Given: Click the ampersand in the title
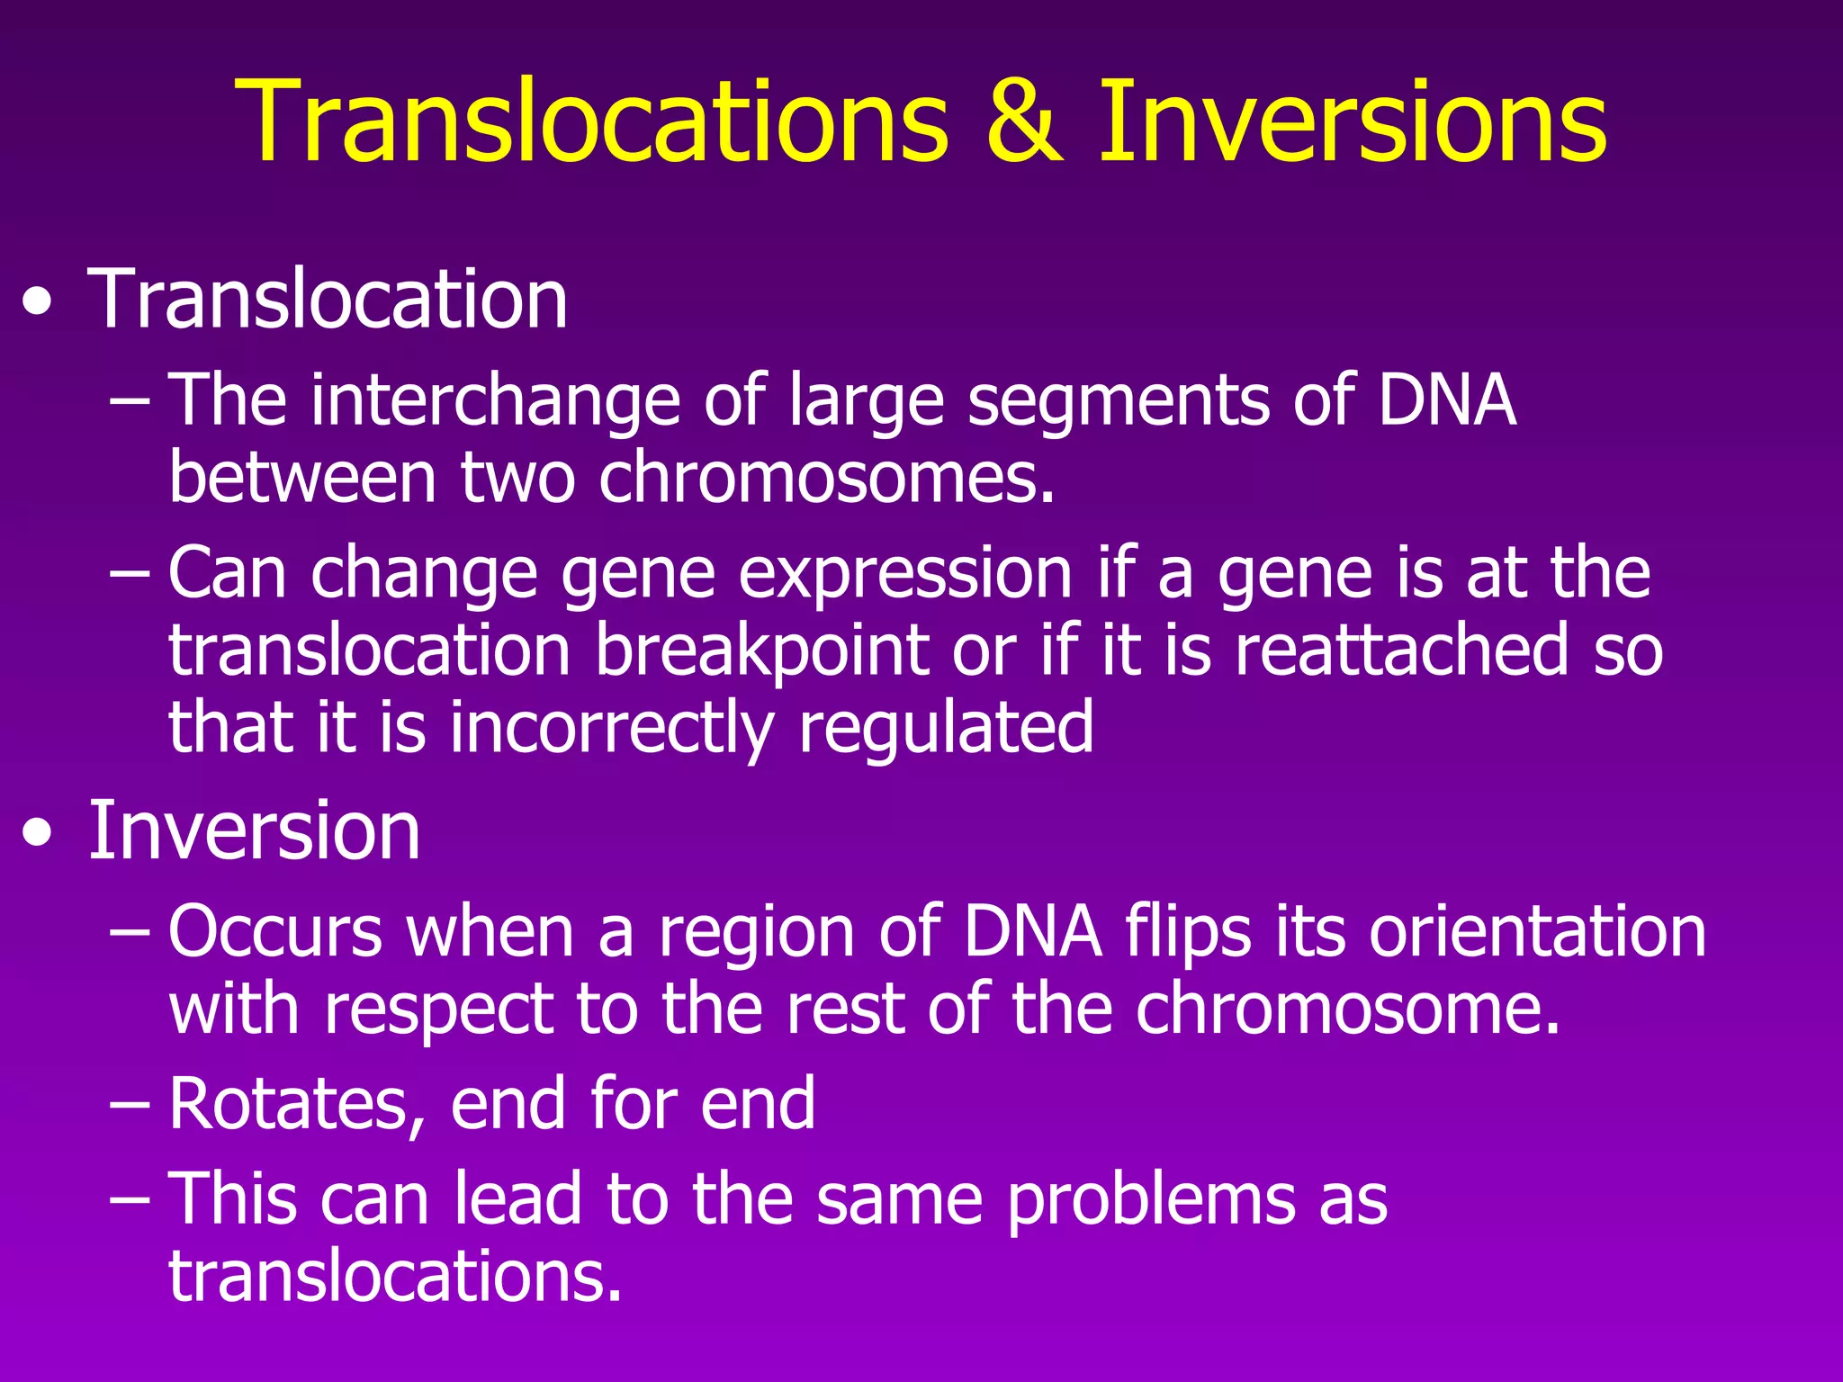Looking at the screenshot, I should point(1023,121).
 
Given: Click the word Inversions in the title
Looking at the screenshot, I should point(1352,121).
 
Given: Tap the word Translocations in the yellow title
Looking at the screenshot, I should point(591,121).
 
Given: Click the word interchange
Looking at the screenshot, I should point(495,400).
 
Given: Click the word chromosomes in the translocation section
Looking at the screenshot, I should point(825,477).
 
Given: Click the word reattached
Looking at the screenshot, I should point(1401,650).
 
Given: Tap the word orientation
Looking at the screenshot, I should point(1537,932).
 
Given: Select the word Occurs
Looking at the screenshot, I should point(275,932).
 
